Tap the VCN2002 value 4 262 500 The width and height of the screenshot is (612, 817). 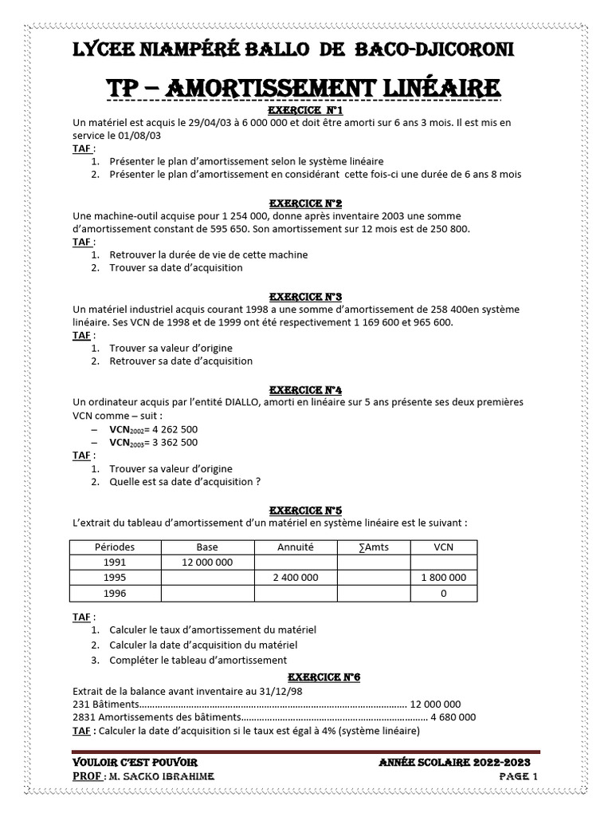tap(171, 429)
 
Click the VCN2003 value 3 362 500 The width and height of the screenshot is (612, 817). tap(171, 442)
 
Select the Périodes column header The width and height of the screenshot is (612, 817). tap(115, 547)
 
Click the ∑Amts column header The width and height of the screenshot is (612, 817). tap(374, 547)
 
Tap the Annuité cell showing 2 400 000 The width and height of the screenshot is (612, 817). tap(296, 578)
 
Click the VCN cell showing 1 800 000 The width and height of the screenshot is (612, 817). tap(443, 578)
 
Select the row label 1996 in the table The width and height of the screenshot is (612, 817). tap(115, 594)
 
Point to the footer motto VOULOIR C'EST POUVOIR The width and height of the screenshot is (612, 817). tap(135, 764)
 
